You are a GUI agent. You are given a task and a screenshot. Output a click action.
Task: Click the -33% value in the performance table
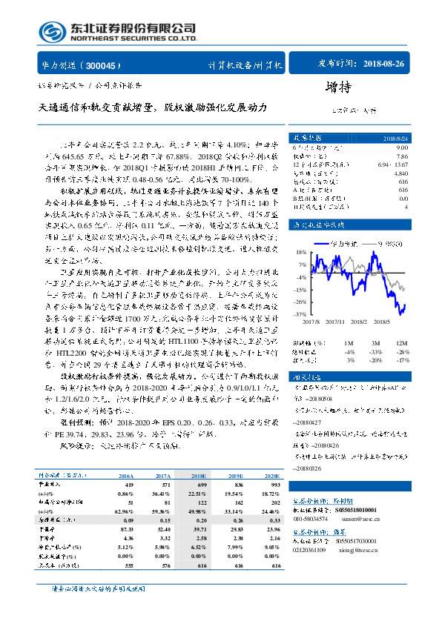[376, 352]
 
